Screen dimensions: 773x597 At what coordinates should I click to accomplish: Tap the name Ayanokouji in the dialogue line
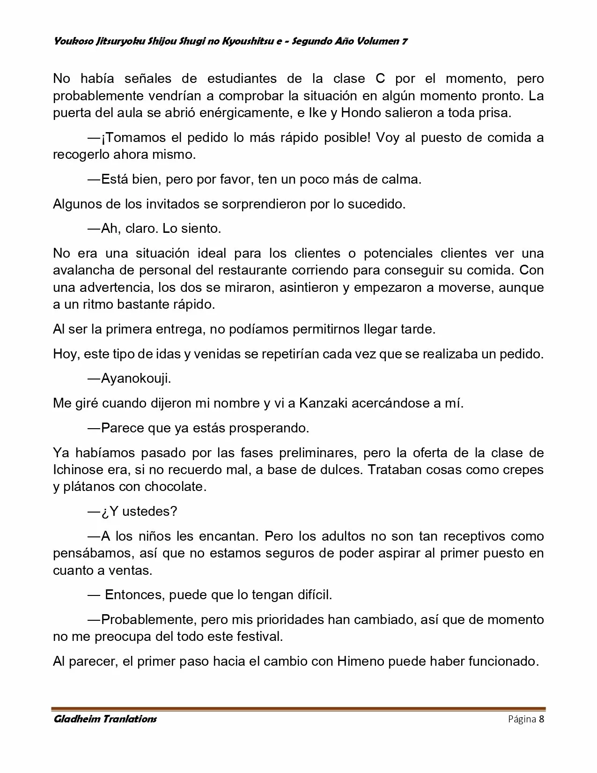pos(136,379)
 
